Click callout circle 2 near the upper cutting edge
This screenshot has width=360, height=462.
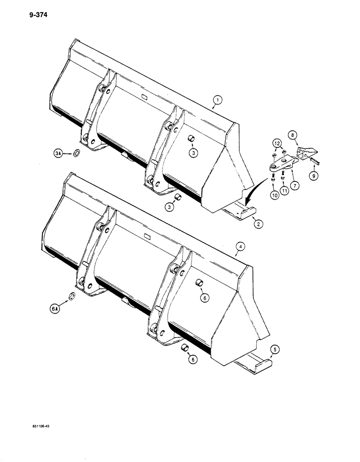click(x=258, y=224)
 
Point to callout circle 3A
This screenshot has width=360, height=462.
click(x=57, y=152)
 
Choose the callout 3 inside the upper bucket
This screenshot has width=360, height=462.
click(x=195, y=152)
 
